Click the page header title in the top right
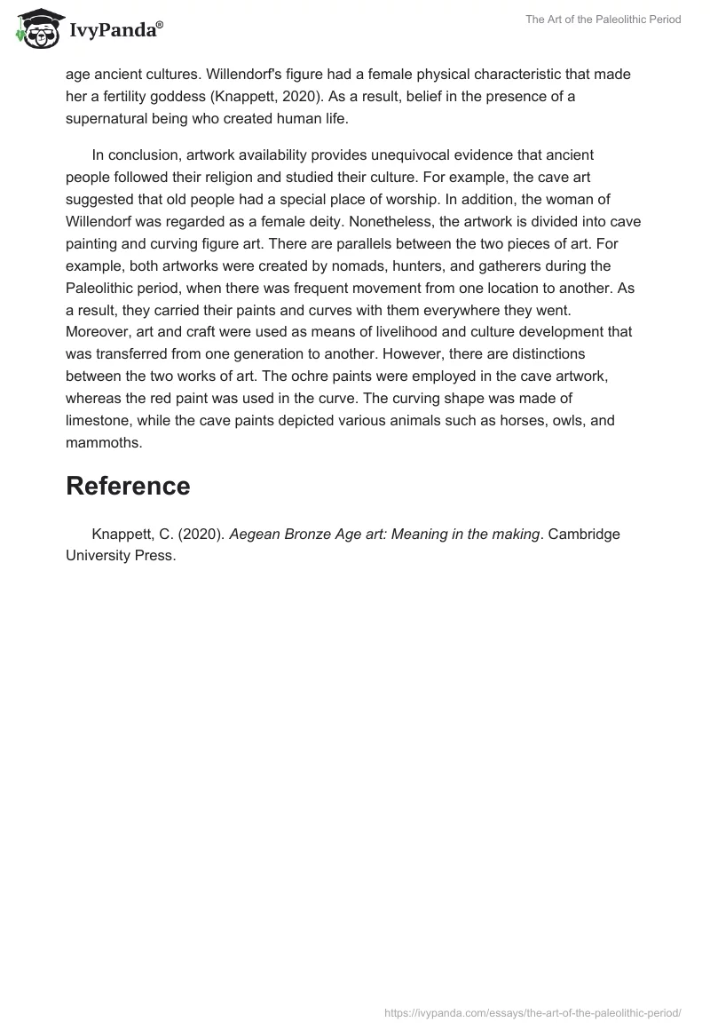coord(603,20)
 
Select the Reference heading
coord(128,486)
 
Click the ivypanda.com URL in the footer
coord(532,1012)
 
